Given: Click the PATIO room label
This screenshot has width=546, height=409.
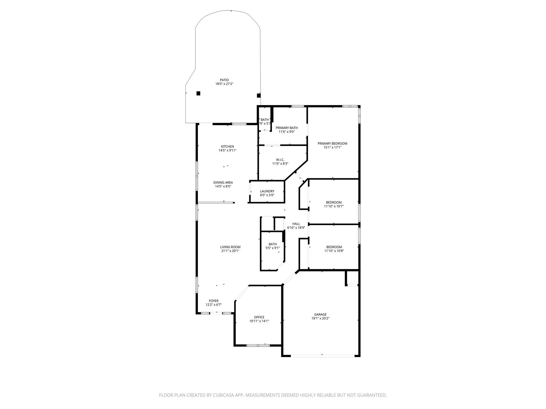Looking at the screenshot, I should (224, 80).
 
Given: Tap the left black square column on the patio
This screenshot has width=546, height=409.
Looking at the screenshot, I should (198, 93).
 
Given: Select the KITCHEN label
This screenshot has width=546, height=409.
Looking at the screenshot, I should (227, 146).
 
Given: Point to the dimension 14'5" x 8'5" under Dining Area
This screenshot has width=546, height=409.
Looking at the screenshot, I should (223, 186).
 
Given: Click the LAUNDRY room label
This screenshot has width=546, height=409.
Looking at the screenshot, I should (267, 191).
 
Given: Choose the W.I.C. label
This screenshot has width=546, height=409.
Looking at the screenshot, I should (280, 160).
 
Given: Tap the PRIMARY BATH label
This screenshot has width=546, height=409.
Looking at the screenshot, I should (287, 128).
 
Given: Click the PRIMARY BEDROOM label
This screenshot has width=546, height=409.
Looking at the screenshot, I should (332, 144).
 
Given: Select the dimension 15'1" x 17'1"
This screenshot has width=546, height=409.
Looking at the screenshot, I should (332, 147).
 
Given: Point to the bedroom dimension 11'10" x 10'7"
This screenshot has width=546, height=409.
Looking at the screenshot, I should (334, 206).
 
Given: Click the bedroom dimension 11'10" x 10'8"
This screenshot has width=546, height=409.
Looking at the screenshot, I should (334, 251).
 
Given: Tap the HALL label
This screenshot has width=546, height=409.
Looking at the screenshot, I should (296, 224).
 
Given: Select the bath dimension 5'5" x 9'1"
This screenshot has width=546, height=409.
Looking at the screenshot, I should (272, 248).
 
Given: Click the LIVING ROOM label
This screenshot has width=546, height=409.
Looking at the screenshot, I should (230, 247).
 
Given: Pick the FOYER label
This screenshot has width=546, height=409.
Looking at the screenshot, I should (214, 301).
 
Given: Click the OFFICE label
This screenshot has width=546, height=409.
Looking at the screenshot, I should (259, 317).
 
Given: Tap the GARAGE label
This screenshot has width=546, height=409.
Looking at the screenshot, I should (320, 314).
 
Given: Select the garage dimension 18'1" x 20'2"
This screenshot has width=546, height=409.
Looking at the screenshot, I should (320, 318).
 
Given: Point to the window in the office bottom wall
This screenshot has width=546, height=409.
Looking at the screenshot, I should (258, 345).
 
